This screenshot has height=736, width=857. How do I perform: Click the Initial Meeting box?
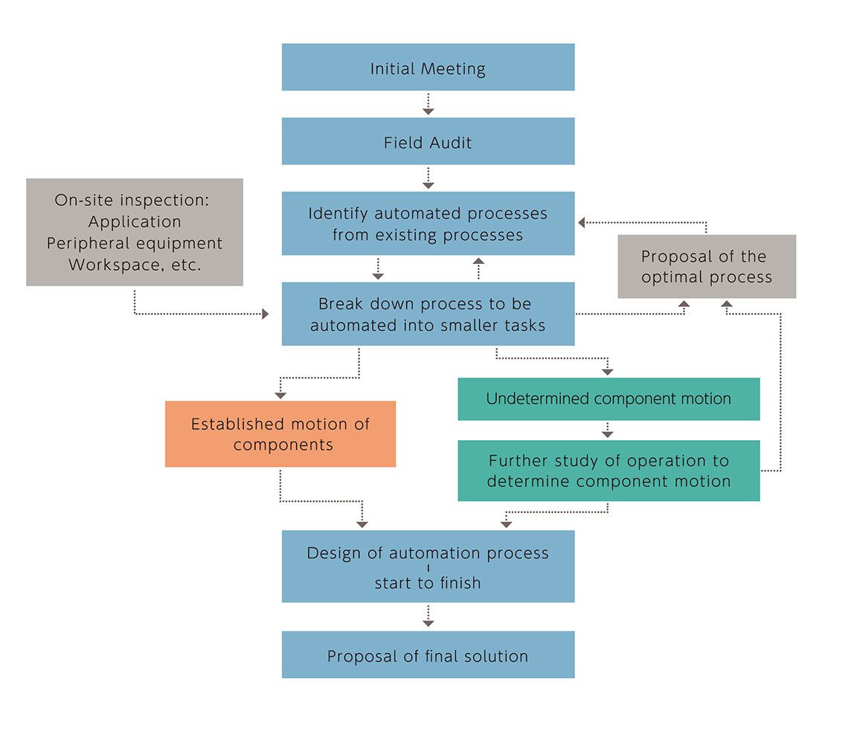(428, 68)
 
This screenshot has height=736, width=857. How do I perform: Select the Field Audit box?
(428, 141)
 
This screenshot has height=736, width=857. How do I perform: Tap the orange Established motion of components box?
(280, 434)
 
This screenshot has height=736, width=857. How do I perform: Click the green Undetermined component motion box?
(609, 399)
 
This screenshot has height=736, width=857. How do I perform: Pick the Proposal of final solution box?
(428, 655)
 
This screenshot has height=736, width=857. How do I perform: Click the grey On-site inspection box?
(135, 232)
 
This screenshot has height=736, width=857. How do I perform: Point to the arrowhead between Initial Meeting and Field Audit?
(428, 110)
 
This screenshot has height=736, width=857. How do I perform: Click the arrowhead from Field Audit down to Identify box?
(428, 184)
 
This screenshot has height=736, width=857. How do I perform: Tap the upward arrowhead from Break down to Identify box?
(478, 261)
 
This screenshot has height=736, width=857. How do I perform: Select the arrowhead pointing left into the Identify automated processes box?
(582, 222)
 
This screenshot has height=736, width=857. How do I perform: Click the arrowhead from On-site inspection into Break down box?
(265, 314)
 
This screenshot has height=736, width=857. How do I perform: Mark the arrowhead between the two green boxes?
(608, 433)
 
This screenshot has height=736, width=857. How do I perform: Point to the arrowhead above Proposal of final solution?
(428, 623)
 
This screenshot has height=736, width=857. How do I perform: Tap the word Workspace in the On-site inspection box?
(109, 265)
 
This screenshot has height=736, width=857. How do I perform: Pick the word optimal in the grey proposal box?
(672, 277)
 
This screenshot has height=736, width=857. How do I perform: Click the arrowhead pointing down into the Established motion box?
(280, 394)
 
